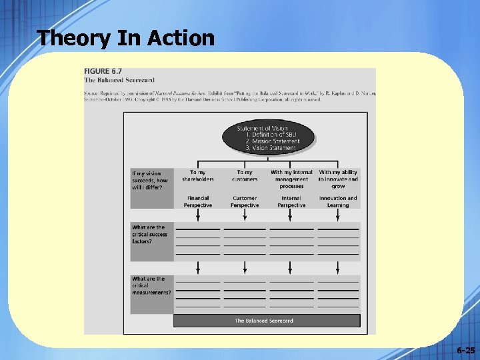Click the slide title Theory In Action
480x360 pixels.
tap(126, 37)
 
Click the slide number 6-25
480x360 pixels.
tap(466, 350)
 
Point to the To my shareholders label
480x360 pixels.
tap(198, 175)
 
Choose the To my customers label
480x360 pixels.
tap(245, 175)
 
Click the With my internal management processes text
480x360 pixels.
tap(291, 179)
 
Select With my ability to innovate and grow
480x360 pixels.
tap(338, 179)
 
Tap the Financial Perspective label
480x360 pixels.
tap(198, 201)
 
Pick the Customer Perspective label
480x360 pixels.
tap(245, 201)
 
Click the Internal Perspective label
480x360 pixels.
tap(291, 201)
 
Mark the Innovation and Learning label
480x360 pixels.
tap(338, 201)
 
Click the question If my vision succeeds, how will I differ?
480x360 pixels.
tap(150, 180)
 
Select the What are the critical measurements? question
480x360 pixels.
tap(151, 285)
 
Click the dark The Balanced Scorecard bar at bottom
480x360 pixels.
tap(267, 321)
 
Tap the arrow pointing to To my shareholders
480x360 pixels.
tap(198, 164)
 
